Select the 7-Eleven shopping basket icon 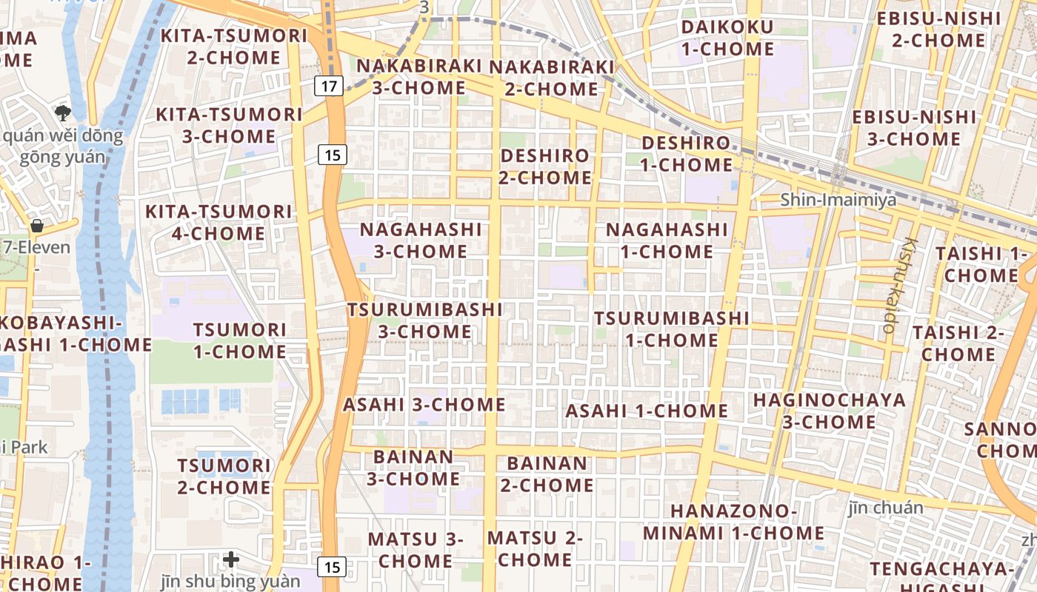point(36,226)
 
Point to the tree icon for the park point(63,112)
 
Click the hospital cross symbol point(231,559)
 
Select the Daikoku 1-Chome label point(727,38)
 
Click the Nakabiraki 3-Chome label point(419,77)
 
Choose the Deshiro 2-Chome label point(545,166)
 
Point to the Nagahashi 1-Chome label point(667,240)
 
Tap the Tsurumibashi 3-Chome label point(425,320)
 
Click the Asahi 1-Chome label point(647,411)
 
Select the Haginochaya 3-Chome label point(830,411)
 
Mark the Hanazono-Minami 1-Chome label point(733,522)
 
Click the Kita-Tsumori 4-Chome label point(219,223)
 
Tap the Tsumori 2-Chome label point(224,477)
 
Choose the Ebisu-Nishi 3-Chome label point(914,128)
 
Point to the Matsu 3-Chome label point(415,550)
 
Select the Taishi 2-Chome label point(958,343)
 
